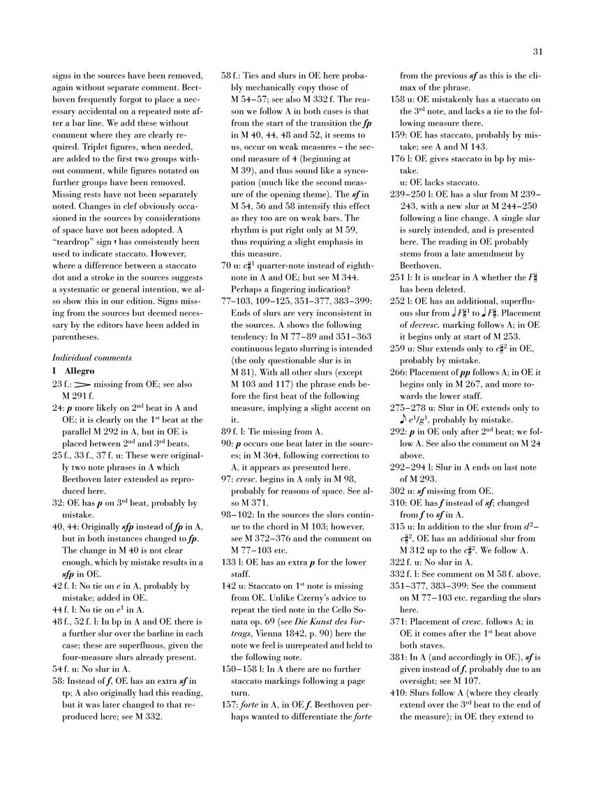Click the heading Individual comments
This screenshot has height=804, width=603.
coord(92,357)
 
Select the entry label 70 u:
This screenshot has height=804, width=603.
coord(232,247)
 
